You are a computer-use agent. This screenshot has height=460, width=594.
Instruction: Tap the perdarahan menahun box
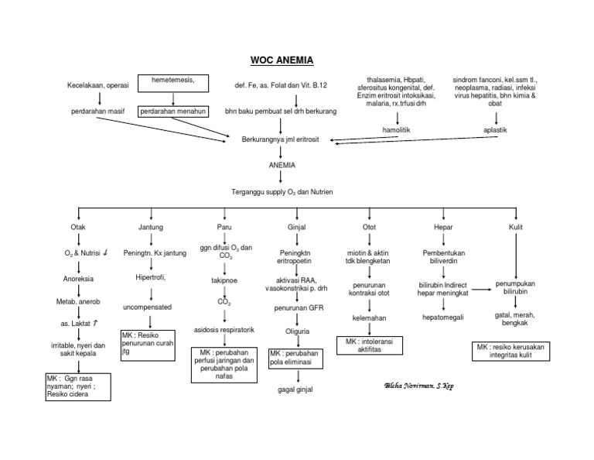click(172, 112)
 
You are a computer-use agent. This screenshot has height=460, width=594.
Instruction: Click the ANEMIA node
click(281, 166)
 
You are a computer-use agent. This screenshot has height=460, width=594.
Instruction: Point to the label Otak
click(78, 228)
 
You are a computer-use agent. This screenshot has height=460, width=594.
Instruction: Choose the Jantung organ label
click(150, 228)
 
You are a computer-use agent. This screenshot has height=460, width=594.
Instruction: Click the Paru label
click(224, 228)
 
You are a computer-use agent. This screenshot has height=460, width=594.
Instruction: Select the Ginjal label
click(295, 228)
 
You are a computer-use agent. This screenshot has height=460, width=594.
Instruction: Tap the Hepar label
click(443, 228)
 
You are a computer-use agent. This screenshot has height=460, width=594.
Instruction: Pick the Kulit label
click(516, 228)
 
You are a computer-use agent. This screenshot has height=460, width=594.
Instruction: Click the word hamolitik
click(398, 130)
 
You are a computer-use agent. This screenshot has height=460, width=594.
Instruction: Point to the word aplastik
click(495, 130)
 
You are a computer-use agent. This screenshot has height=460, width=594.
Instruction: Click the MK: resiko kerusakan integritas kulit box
click(516, 352)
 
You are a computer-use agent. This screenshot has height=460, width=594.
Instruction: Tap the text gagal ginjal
click(295, 390)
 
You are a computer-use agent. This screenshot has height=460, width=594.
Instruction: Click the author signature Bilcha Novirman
click(418, 385)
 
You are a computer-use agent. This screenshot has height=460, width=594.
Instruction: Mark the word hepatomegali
click(443, 317)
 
